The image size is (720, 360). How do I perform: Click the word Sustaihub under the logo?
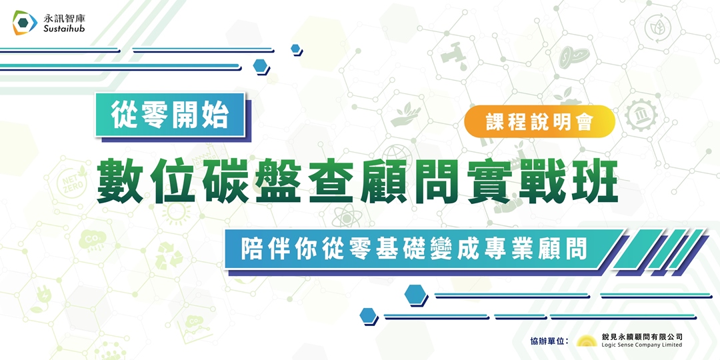tap(64, 30)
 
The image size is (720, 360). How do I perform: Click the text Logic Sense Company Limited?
tap(641, 345)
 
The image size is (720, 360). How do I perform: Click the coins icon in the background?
tap(571, 55)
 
